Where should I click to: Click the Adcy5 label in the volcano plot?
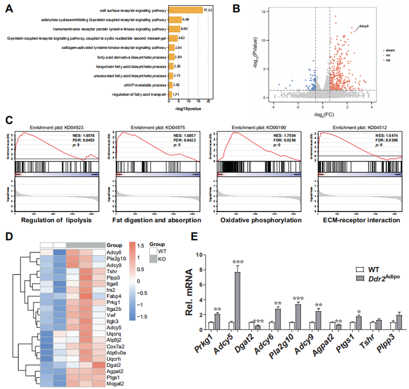[x=364, y=26]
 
